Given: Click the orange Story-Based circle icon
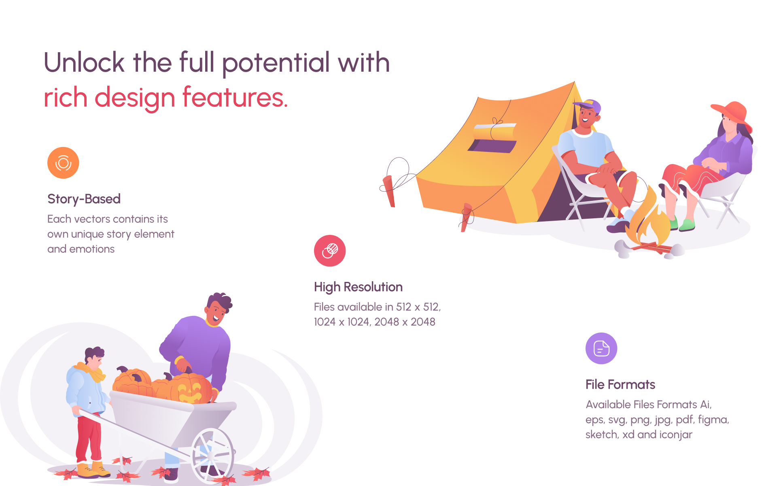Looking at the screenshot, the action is [x=63, y=163].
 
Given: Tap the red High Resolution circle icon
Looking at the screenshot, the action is [x=330, y=251].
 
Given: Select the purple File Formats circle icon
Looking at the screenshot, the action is [x=601, y=348].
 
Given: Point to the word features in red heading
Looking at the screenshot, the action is [x=235, y=98].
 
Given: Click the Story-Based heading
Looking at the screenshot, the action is [x=84, y=199].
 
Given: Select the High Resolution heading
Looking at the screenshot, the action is [x=359, y=287].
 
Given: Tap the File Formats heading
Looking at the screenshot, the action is [x=620, y=384].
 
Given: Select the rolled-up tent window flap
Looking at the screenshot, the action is [x=494, y=131].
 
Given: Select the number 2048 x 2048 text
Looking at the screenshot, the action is [x=405, y=322].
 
